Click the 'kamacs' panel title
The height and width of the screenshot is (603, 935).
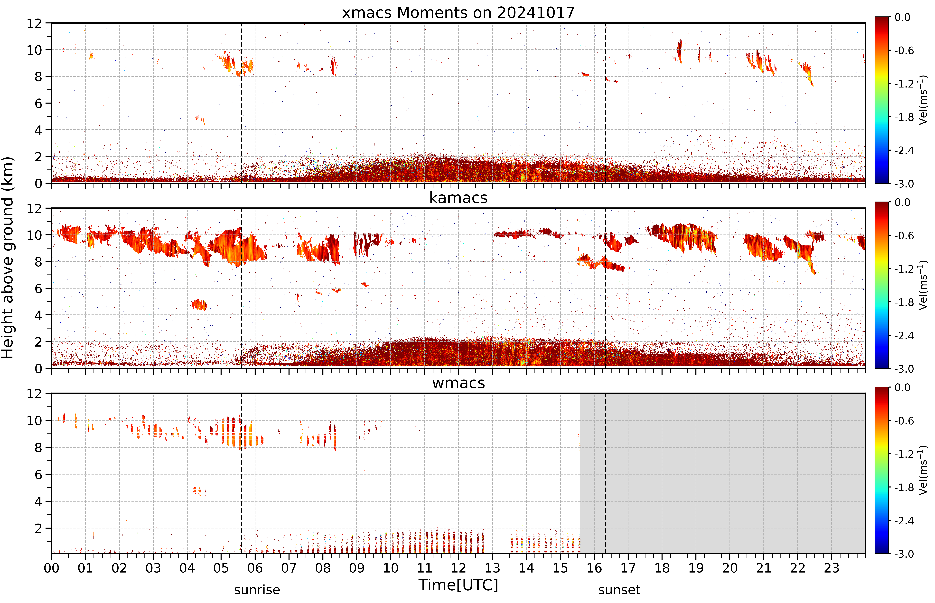(458, 198)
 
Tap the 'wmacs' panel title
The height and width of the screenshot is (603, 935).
(458, 383)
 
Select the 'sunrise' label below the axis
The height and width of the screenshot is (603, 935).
(257, 590)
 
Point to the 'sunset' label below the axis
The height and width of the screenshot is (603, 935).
(619, 590)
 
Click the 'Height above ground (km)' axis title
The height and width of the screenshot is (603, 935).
(7, 258)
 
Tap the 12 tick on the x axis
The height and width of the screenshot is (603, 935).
(458, 568)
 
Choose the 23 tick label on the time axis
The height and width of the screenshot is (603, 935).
(831, 568)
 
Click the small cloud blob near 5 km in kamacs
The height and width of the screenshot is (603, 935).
(199, 305)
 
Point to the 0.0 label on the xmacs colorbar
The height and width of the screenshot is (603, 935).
(903, 17)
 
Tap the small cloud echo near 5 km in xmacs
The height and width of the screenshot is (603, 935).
(200, 120)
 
